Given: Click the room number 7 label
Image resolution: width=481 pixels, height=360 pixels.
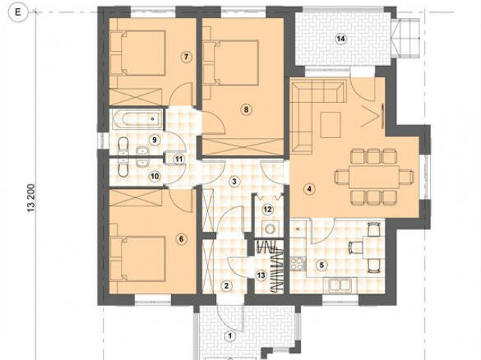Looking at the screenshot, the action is [x=186, y=57].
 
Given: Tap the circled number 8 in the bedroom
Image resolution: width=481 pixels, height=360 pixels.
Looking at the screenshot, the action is [x=246, y=109].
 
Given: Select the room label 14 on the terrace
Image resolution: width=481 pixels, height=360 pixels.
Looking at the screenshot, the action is [x=341, y=39].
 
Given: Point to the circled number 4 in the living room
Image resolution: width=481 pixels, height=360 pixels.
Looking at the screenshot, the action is [x=309, y=189].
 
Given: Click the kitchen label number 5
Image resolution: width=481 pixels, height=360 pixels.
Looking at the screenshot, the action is [x=321, y=265].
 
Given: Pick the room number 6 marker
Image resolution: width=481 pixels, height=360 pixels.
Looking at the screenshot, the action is [x=181, y=238].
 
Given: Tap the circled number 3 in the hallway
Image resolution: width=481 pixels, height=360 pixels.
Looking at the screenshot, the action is [x=234, y=181].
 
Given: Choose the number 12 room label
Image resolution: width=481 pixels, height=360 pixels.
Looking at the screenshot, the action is [x=267, y=209].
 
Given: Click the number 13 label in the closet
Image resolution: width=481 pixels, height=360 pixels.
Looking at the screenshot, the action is [x=261, y=275].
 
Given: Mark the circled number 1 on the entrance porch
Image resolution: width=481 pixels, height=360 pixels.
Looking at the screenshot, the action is [x=230, y=337].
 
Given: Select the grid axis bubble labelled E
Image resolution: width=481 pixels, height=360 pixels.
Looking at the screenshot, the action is [x=18, y=12].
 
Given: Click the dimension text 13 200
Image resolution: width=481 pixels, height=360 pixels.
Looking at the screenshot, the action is [x=32, y=199].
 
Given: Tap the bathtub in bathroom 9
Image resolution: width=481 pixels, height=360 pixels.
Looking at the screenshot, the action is [x=137, y=118].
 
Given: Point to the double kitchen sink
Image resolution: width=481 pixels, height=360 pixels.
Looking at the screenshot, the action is [x=340, y=285].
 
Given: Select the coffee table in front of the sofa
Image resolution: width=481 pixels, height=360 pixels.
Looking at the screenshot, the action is [x=330, y=124].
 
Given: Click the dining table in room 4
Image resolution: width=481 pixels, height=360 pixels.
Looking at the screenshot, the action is [x=374, y=177].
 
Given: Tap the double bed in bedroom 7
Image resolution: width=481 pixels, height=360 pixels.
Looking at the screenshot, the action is [x=138, y=52].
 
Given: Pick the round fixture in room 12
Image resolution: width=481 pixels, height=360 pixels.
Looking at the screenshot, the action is [x=271, y=229].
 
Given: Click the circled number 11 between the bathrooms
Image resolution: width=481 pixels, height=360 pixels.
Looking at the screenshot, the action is [x=179, y=159].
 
